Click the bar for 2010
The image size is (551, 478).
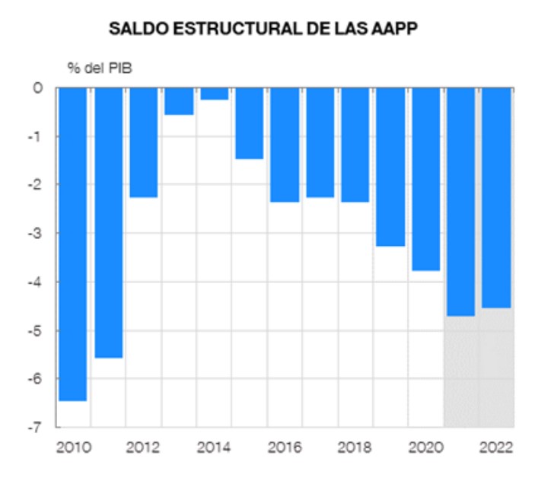coord(72,244)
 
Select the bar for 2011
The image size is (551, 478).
coord(108,222)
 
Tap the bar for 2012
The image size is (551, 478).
coord(143,142)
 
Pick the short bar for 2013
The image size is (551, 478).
coord(179,101)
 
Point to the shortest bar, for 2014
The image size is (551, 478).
coord(214,94)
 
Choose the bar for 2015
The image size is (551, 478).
coord(250,123)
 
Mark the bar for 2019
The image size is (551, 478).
coord(390,167)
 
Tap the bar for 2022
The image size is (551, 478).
coord(496,198)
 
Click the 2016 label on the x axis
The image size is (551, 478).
coord(285,446)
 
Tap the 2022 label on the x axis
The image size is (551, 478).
coord(496,446)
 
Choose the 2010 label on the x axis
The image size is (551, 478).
coord(72,446)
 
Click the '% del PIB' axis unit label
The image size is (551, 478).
coord(100,67)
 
